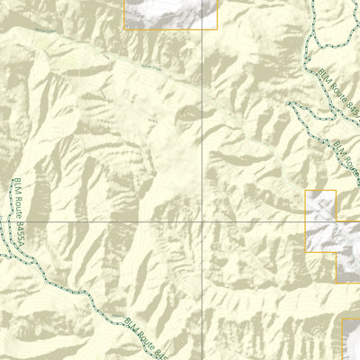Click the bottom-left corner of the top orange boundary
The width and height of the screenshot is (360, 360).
coord(124,29)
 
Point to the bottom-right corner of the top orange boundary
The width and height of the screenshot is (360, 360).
coord(217,29)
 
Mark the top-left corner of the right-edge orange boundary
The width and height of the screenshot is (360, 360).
coord(308,191)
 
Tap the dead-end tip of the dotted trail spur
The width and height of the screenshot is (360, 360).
coord(290,103)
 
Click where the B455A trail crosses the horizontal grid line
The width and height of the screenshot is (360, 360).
coord(13,222)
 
